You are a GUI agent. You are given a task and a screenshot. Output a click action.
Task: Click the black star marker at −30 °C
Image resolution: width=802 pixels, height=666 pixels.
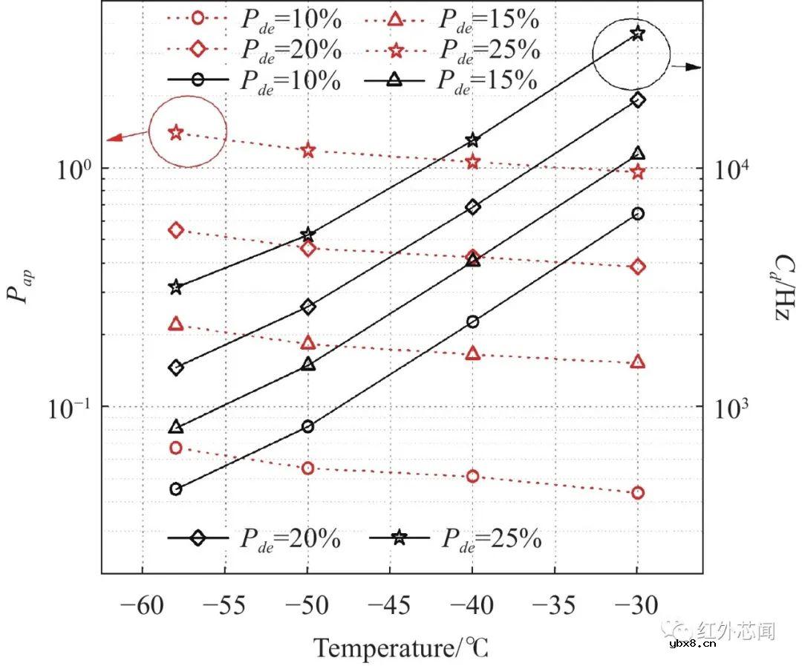coord(637,33)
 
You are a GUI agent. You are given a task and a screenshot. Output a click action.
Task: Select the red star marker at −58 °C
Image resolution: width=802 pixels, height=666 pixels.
coord(176,133)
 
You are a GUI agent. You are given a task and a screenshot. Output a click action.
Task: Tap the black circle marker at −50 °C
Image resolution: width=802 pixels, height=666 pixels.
coord(308,426)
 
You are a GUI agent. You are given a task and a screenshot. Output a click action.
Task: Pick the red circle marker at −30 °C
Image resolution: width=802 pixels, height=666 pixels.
coord(637,492)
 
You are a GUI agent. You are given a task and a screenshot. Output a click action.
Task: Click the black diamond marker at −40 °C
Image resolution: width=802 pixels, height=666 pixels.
coord(473,207)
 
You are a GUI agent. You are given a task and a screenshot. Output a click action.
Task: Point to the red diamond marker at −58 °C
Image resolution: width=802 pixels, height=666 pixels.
coord(176,230)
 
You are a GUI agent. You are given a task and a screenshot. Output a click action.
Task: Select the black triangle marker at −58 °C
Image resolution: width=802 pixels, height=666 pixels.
coord(176,427)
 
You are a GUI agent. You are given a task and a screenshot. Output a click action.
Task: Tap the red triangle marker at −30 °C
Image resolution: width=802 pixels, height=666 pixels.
coord(637,362)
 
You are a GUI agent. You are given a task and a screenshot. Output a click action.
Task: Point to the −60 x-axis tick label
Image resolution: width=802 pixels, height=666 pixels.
coord(141,607)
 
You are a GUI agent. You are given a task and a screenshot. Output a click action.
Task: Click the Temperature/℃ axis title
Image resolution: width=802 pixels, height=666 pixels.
coord(401,647)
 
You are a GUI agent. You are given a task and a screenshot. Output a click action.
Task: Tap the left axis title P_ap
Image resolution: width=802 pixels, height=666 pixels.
coord(22,287)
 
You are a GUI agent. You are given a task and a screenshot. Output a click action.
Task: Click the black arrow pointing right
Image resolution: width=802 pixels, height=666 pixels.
coord(686,67)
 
